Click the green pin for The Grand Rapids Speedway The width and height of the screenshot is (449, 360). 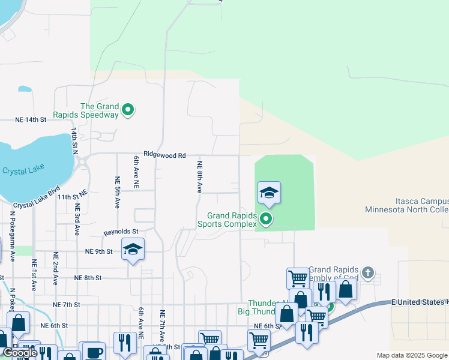pos(127,110)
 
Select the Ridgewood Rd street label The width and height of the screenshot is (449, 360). pos(164,155)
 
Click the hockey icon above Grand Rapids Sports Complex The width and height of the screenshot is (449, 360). pos(269,193)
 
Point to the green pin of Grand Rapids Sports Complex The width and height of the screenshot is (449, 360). pos(267,220)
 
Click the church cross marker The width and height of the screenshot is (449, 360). pos(368,274)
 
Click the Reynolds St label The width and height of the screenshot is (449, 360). pos(121,232)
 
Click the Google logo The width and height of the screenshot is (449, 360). pos(20,353)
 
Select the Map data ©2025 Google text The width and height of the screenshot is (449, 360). pos(411,355)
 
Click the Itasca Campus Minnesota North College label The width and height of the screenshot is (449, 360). pos(406,206)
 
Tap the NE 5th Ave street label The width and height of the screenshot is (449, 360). pos(117,193)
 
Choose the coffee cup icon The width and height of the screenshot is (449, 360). pos(93,352)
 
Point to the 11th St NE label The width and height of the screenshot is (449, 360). pos(73,196)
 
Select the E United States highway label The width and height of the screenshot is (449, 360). pos(420,302)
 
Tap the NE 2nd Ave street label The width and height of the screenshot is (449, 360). pos(55,268)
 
